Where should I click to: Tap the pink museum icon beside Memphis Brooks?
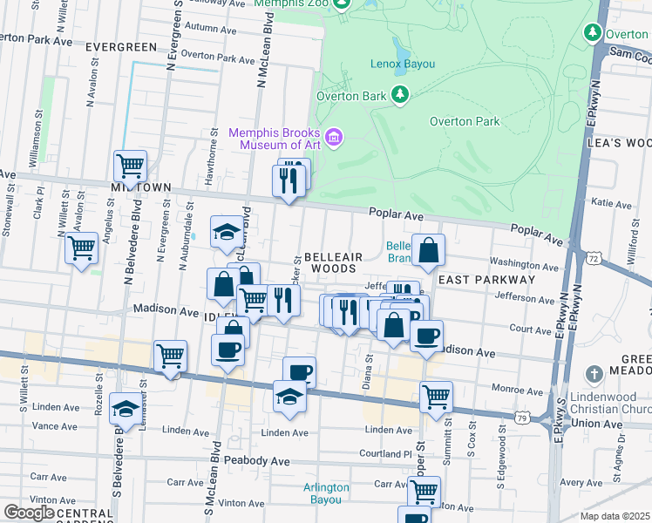coord(333,138)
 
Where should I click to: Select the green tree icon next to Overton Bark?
coord(400,94)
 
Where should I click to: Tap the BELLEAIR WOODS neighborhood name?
coord(329,263)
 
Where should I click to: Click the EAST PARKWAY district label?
coord(486,280)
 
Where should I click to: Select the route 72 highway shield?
coord(593,259)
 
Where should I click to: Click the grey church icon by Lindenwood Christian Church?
coord(593,374)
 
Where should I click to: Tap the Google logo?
coord(29,512)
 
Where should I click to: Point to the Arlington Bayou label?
coord(326,493)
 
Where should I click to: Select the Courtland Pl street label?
coord(389,454)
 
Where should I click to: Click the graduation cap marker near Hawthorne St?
coord(227,231)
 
